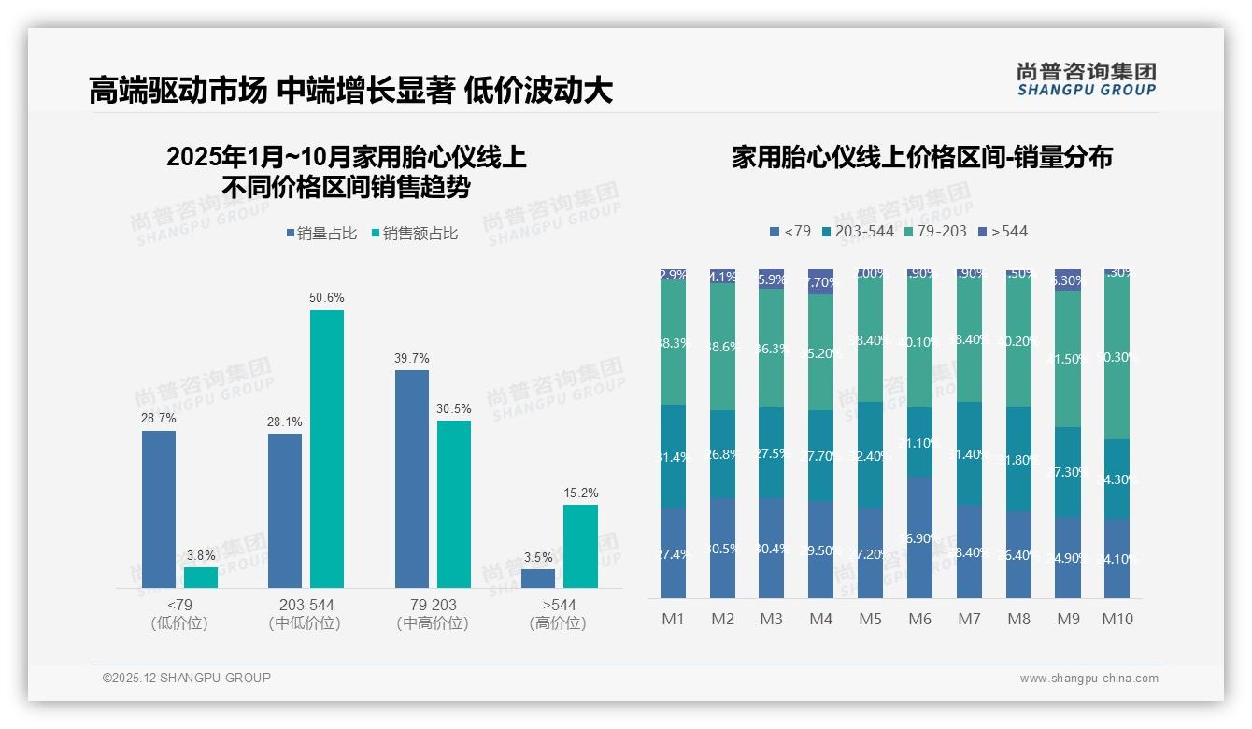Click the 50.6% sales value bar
pos(327,449)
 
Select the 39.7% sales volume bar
pos(411,479)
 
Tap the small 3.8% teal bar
pos(201,578)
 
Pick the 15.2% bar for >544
pos(580,546)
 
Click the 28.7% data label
pos(159,419)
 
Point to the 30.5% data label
pos(454,408)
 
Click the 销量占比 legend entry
pos(321,234)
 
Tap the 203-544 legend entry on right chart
pos(857,231)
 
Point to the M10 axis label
pos(1117,619)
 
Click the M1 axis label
pos(673,619)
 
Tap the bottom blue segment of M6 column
pos(919,537)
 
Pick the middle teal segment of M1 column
pos(673,456)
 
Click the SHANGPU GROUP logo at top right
pos(1086,79)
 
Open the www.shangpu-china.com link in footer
pos(1088,679)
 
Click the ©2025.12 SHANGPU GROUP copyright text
pos(187,678)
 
